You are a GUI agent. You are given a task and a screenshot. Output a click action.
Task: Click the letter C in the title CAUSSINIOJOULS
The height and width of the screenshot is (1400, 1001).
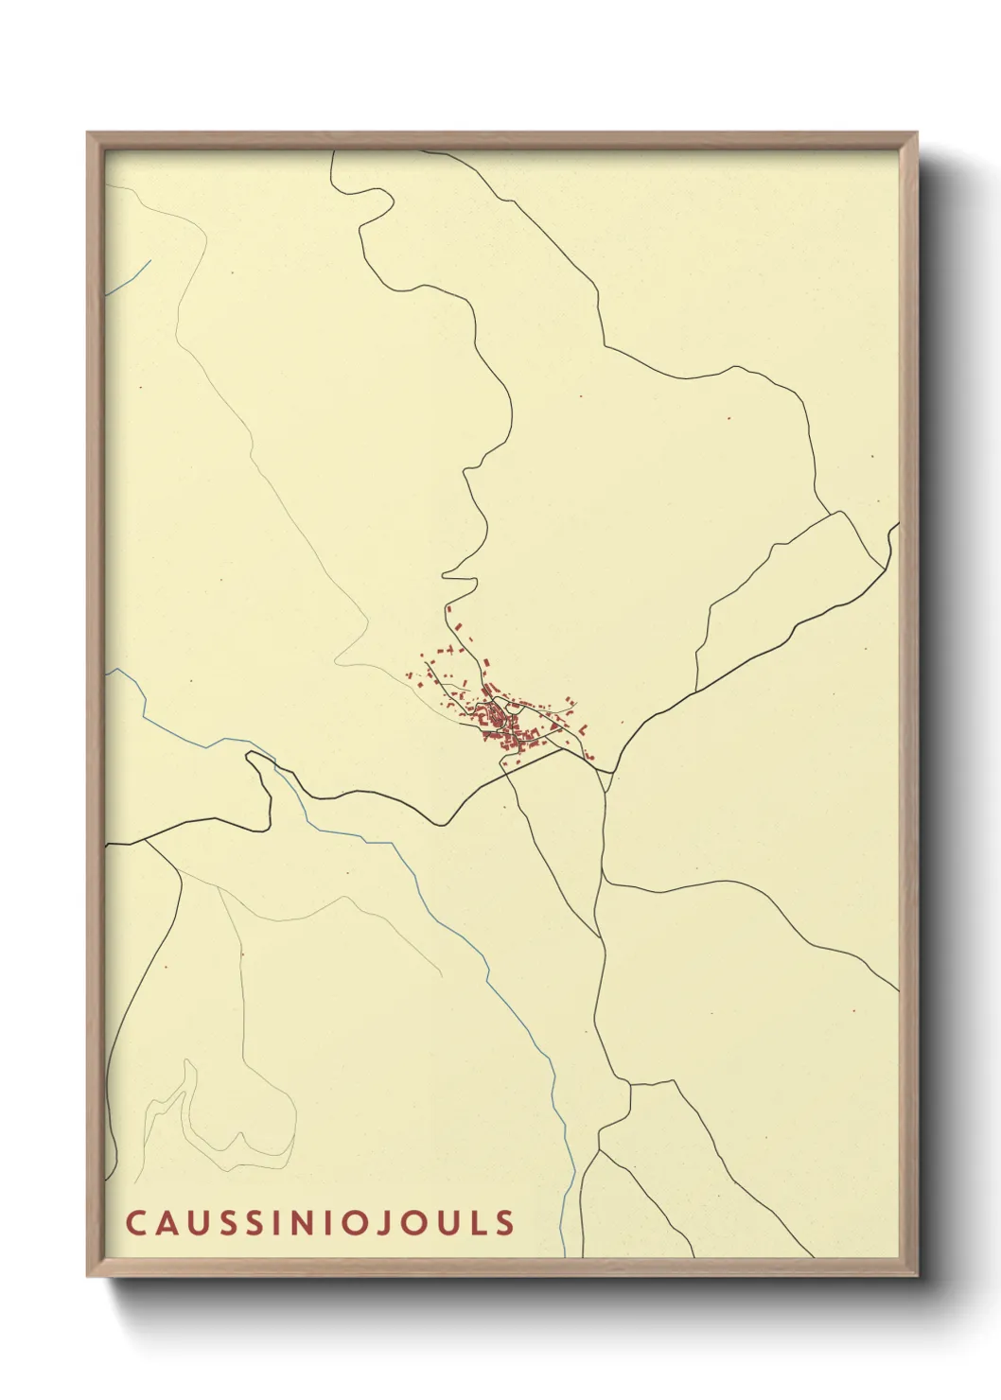click(134, 1222)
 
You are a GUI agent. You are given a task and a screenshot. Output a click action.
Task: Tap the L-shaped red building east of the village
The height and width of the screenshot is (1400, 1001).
click(584, 730)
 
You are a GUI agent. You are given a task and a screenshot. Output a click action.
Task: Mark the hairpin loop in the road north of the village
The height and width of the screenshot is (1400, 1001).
click(454, 577)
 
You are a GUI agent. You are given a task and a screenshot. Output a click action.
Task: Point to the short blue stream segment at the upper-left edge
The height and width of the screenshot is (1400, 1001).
click(128, 277)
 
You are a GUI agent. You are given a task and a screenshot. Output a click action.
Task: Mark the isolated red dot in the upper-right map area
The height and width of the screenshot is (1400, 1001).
click(729, 418)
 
